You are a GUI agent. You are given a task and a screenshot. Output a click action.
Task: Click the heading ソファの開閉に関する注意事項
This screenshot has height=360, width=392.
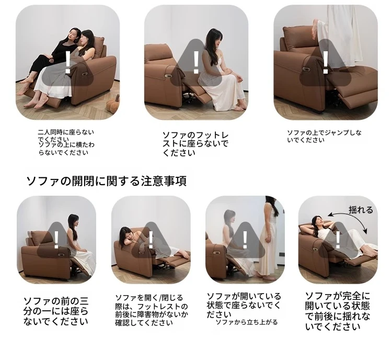point(107,181)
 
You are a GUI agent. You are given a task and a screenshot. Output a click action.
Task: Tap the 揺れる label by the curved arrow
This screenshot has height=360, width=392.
point(360,210)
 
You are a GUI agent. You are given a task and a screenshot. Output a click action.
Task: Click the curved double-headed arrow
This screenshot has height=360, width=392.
point(349,220)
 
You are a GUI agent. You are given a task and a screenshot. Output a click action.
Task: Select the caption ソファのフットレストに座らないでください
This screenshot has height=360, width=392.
point(195,144)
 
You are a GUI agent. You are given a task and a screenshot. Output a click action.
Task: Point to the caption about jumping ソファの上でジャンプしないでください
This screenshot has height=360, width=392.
point(324,136)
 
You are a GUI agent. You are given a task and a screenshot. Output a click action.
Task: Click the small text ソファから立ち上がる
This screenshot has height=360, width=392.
point(247,322)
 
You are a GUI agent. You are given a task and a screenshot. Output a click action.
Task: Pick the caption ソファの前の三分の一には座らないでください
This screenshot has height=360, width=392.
point(56,311)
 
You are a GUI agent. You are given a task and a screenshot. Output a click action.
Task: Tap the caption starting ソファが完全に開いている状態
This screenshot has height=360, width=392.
point(337,311)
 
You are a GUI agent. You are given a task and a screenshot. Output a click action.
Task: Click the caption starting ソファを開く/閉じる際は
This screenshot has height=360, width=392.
point(151,310)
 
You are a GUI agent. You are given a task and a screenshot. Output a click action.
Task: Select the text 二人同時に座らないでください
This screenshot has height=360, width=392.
point(66,136)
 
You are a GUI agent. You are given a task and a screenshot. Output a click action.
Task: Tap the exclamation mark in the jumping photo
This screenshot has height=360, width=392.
point(326,63)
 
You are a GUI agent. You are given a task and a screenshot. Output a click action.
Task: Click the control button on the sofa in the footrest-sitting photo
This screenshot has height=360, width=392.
point(168,75)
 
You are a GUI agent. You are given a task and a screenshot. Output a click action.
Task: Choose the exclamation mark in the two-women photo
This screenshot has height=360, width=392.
point(67,62)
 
